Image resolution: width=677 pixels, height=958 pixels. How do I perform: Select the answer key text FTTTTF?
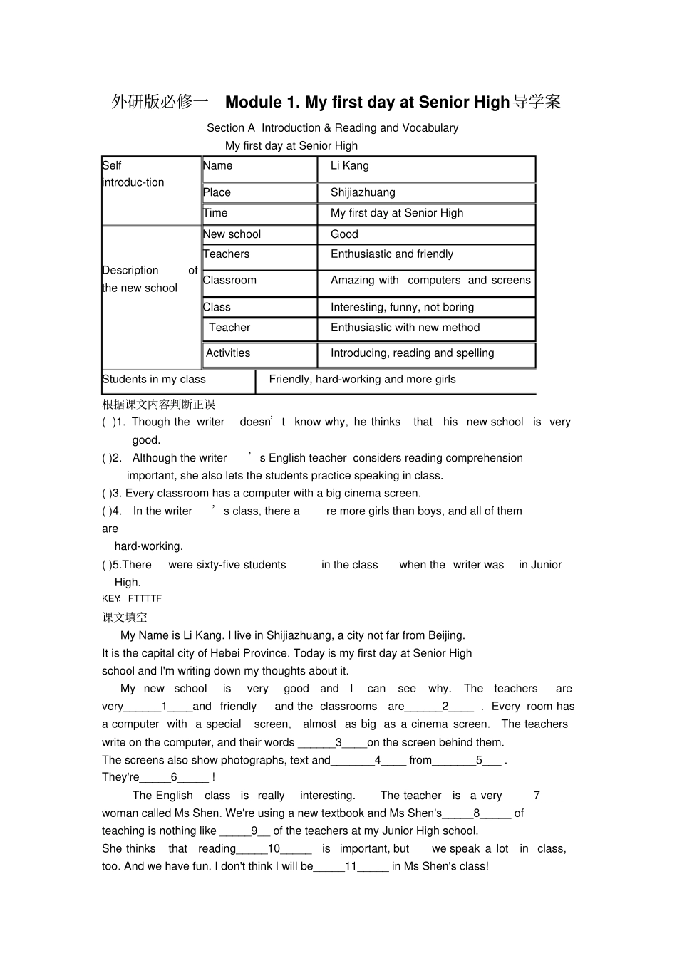(x=145, y=599)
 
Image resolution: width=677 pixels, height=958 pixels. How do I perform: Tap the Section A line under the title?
(x=332, y=128)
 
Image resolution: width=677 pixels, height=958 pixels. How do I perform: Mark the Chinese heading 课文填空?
(x=125, y=618)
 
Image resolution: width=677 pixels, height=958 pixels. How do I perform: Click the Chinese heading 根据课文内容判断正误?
(x=158, y=405)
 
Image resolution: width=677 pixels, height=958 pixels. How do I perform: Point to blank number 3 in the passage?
(x=338, y=742)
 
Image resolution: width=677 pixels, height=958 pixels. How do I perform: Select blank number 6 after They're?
(x=174, y=778)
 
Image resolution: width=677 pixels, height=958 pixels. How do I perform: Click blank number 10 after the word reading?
(x=274, y=849)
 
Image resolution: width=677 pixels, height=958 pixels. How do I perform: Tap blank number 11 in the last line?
(x=351, y=867)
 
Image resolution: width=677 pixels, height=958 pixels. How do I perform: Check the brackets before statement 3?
(x=106, y=494)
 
